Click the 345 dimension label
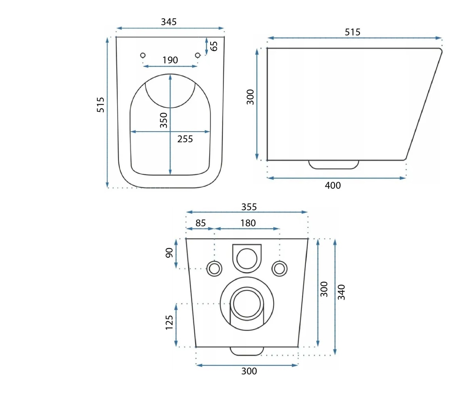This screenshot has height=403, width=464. (x=169, y=22)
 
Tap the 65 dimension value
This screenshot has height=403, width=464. (x=214, y=46)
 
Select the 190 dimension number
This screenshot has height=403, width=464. (x=170, y=60)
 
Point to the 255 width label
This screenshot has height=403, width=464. (x=185, y=139)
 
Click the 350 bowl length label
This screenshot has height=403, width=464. (x=163, y=120)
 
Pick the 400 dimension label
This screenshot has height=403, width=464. (x=333, y=185)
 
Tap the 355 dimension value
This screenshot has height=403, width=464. (x=249, y=207)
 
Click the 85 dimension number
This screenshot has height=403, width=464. (x=200, y=223)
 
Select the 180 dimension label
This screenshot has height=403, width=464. (x=248, y=223)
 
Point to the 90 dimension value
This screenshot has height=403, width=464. (x=169, y=253)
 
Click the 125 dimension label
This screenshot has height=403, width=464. (x=169, y=322)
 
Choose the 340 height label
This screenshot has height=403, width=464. (x=341, y=292)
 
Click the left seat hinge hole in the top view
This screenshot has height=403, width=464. (x=143, y=55)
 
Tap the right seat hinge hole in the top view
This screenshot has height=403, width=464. (x=198, y=55)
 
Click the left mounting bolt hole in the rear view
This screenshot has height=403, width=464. (x=214, y=269)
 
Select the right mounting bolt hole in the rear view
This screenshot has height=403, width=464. (x=279, y=269)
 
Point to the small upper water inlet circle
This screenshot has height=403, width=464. (x=247, y=259)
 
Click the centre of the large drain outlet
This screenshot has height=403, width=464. (x=247, y=304)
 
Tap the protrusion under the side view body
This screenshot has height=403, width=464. (x=333, y=165)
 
